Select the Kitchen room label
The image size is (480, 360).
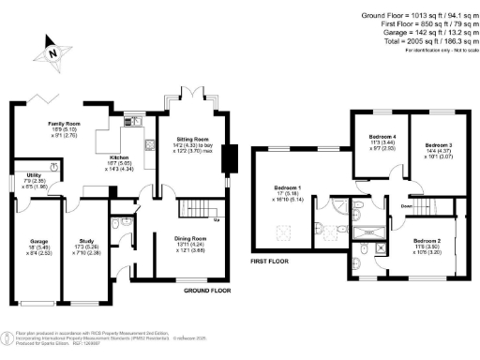[x=120, y=157]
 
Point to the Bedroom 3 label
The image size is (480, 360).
[x=438, y=145]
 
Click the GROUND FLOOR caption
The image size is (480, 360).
[x=207, y=291]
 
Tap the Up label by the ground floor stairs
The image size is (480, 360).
[x=217, y=220]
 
